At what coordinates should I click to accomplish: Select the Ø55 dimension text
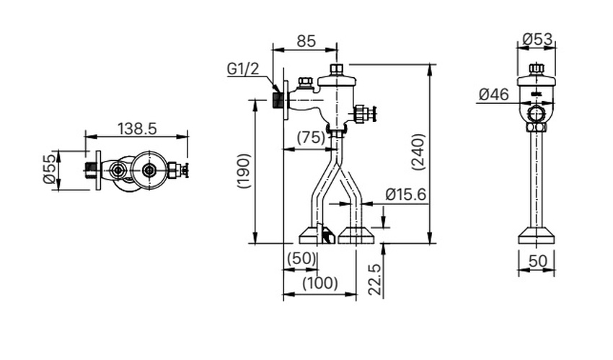pyautogui.click(x=48, y=170)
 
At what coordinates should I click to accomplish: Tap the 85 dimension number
pyautogui.click(x=306, y=41)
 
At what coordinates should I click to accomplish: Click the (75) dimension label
pyautogui.click(x=311, y=138)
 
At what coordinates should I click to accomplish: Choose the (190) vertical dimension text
pyautogui.click(x=243, y=171)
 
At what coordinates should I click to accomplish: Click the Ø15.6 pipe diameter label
pyautogui.click(x=405, y=194)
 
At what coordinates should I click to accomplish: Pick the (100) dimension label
pyautogui.click(x=319, y=283)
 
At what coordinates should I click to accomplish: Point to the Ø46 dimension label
pyautogui.click(x=493, y=94)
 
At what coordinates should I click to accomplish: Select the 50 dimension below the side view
pyautogui.click(x=537, y=260)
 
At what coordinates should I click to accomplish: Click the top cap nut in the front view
pyautogui.click(x=337, y=70)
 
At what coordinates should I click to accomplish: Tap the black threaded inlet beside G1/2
pyautogui.click(x=278, y=98)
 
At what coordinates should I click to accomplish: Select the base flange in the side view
pyautogui.click(x=537, y=234)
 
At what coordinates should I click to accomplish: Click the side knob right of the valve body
pyautogui.click(x=363, y=113)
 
